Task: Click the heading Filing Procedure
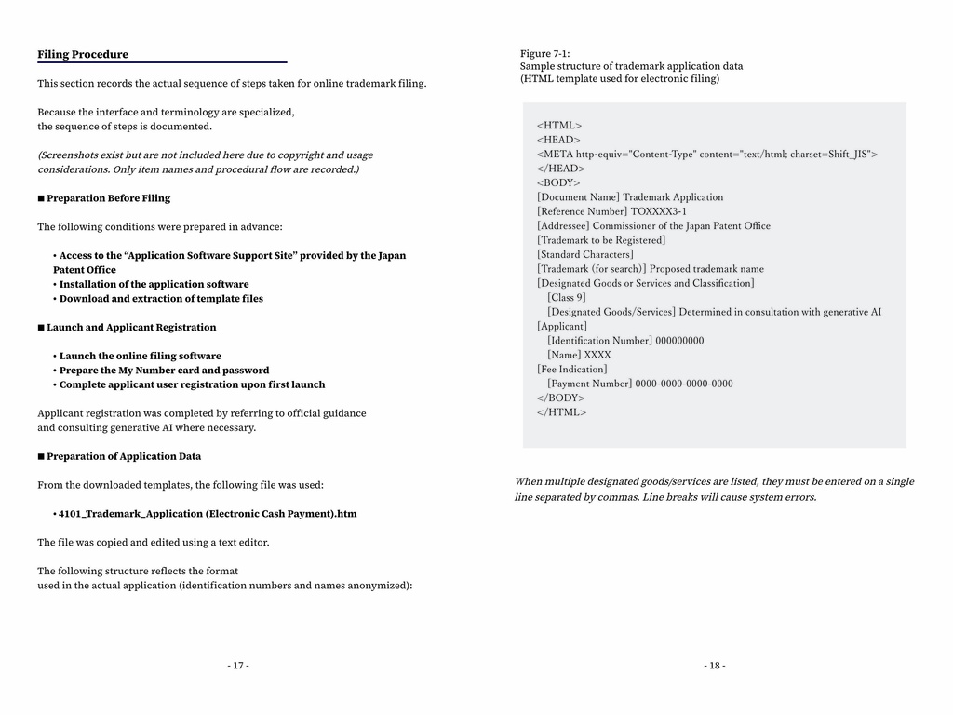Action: pos(83,54)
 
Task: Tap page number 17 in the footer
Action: pos(238,666)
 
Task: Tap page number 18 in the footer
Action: pos(715,666)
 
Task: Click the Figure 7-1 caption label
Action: pos(544,53)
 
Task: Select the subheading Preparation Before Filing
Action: pos(108,198)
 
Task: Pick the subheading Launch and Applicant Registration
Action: pos(130,328)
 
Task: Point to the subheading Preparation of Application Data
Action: pos(123,456)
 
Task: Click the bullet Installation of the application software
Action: pos(154,284)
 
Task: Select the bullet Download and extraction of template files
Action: pos(161,299)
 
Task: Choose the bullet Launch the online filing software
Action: pos(140,356)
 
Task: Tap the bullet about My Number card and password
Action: pos(164,371)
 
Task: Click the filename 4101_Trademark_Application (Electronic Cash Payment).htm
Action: pos(207,514)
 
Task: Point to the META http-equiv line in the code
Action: pos(706,155)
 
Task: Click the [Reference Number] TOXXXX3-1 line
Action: pos(611,211)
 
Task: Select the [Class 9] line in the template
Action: pos(567,298)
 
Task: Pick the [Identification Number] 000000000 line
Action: pos(625,341)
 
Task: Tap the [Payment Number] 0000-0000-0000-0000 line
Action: pos(639,384)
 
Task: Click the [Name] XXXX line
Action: pos(579,355)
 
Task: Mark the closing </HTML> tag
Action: pos(561,412)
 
